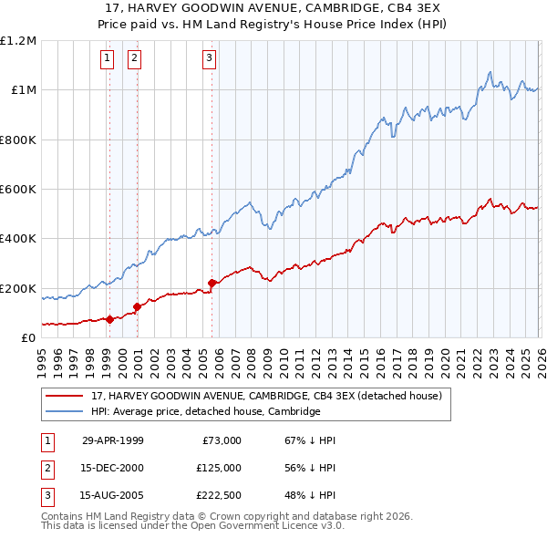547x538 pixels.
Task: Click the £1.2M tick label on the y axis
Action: (x=18, y=41)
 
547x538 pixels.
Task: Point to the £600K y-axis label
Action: (x=18, y=190)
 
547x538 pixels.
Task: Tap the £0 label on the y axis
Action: (x=27, y=338)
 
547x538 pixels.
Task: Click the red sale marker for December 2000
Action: (x=137, y=306)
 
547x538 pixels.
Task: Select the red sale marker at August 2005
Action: (x=212, y=283)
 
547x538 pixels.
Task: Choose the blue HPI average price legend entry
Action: (x=205, y=411)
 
